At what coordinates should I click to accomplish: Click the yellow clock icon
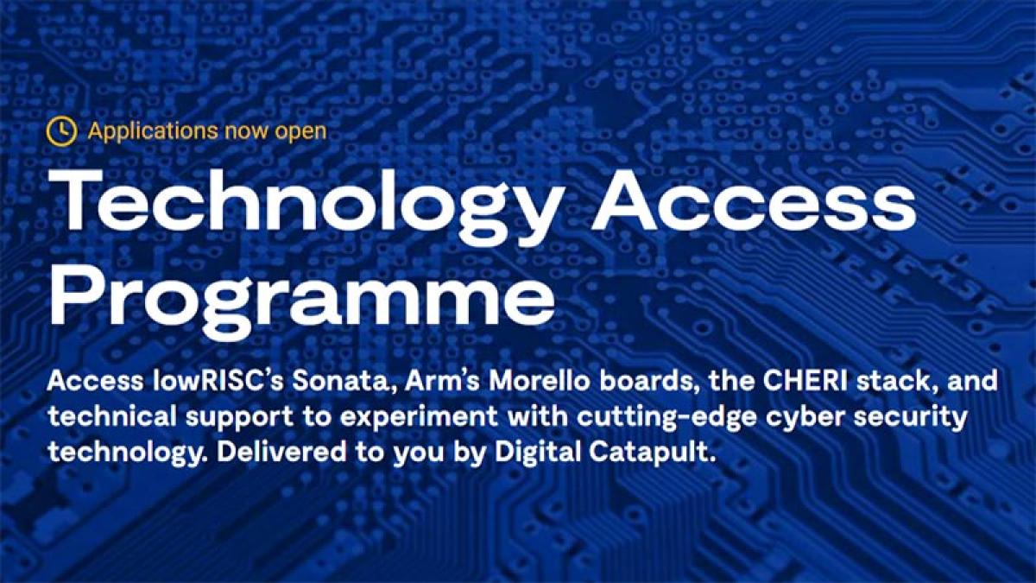click(x=61, y=131)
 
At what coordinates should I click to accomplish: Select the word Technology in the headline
click(x=306, y=204)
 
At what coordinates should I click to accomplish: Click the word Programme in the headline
click(x=301, y=299)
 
